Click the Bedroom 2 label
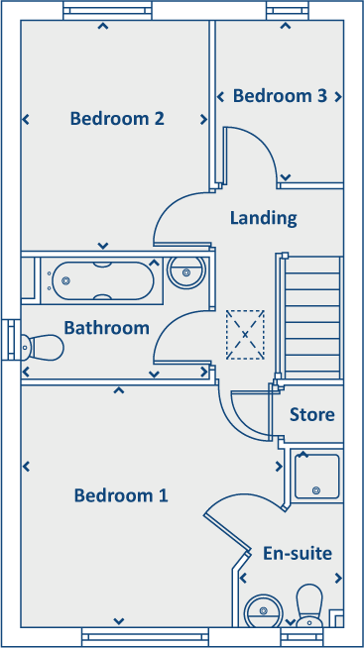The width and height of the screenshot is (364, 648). click(117, 119)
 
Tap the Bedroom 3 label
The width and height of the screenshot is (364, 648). click(280, 96)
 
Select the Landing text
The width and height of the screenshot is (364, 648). click(263, 217)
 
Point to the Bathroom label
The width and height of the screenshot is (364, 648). click(106, 327)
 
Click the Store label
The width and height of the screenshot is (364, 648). click(311, 414)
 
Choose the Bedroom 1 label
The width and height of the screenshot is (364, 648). click(121, 495)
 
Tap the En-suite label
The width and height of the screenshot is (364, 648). click(297, 553)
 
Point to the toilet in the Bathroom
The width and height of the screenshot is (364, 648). click(41, 347)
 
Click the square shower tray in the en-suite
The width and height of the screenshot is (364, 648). click(316, 476)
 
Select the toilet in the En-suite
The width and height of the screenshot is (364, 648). click(310, 604)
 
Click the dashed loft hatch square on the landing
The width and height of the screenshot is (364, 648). click(246, 335)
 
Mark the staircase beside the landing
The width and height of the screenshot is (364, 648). click(312, 315)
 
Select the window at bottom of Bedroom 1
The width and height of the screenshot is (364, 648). click(145, 637)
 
